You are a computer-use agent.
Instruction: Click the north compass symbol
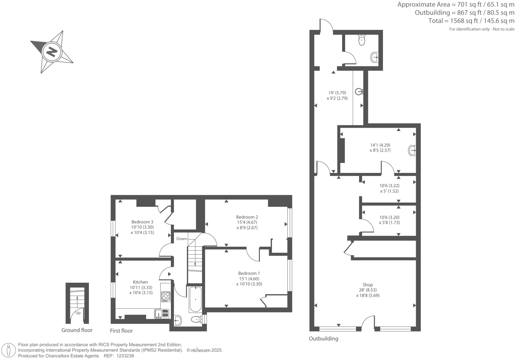click(x=51, y=52)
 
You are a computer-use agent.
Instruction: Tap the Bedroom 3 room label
click(x=142, y=222)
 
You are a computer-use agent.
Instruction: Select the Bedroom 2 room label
click(x=247, y=217)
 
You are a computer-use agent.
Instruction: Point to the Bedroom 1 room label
click(x=249, y=273)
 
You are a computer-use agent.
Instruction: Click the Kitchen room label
click(x=140, y=282)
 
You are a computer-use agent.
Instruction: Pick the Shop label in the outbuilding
click(x=368, y=285)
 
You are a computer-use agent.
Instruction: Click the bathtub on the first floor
click(x=195, y=299)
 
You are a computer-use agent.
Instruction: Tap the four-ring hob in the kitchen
click(x=166, y=296)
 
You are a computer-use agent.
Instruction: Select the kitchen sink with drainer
click(x=162, y=314)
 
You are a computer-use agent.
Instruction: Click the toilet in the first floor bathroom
click(x=197, y=320)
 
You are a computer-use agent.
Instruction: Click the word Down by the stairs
click(x=182, y=239)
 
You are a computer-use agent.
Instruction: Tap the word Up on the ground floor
click(x=78, y=313)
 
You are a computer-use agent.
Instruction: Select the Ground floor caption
click(x=77, y=330)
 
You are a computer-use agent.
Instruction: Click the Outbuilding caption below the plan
click(x=324, y=338)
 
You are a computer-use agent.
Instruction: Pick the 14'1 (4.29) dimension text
click(x=380, y=145)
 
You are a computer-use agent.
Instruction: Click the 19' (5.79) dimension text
click(x=337, y=93)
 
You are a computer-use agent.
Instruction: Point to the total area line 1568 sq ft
click(x=471, y=21)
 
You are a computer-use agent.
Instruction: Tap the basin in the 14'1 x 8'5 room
click(x=412, y=150)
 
